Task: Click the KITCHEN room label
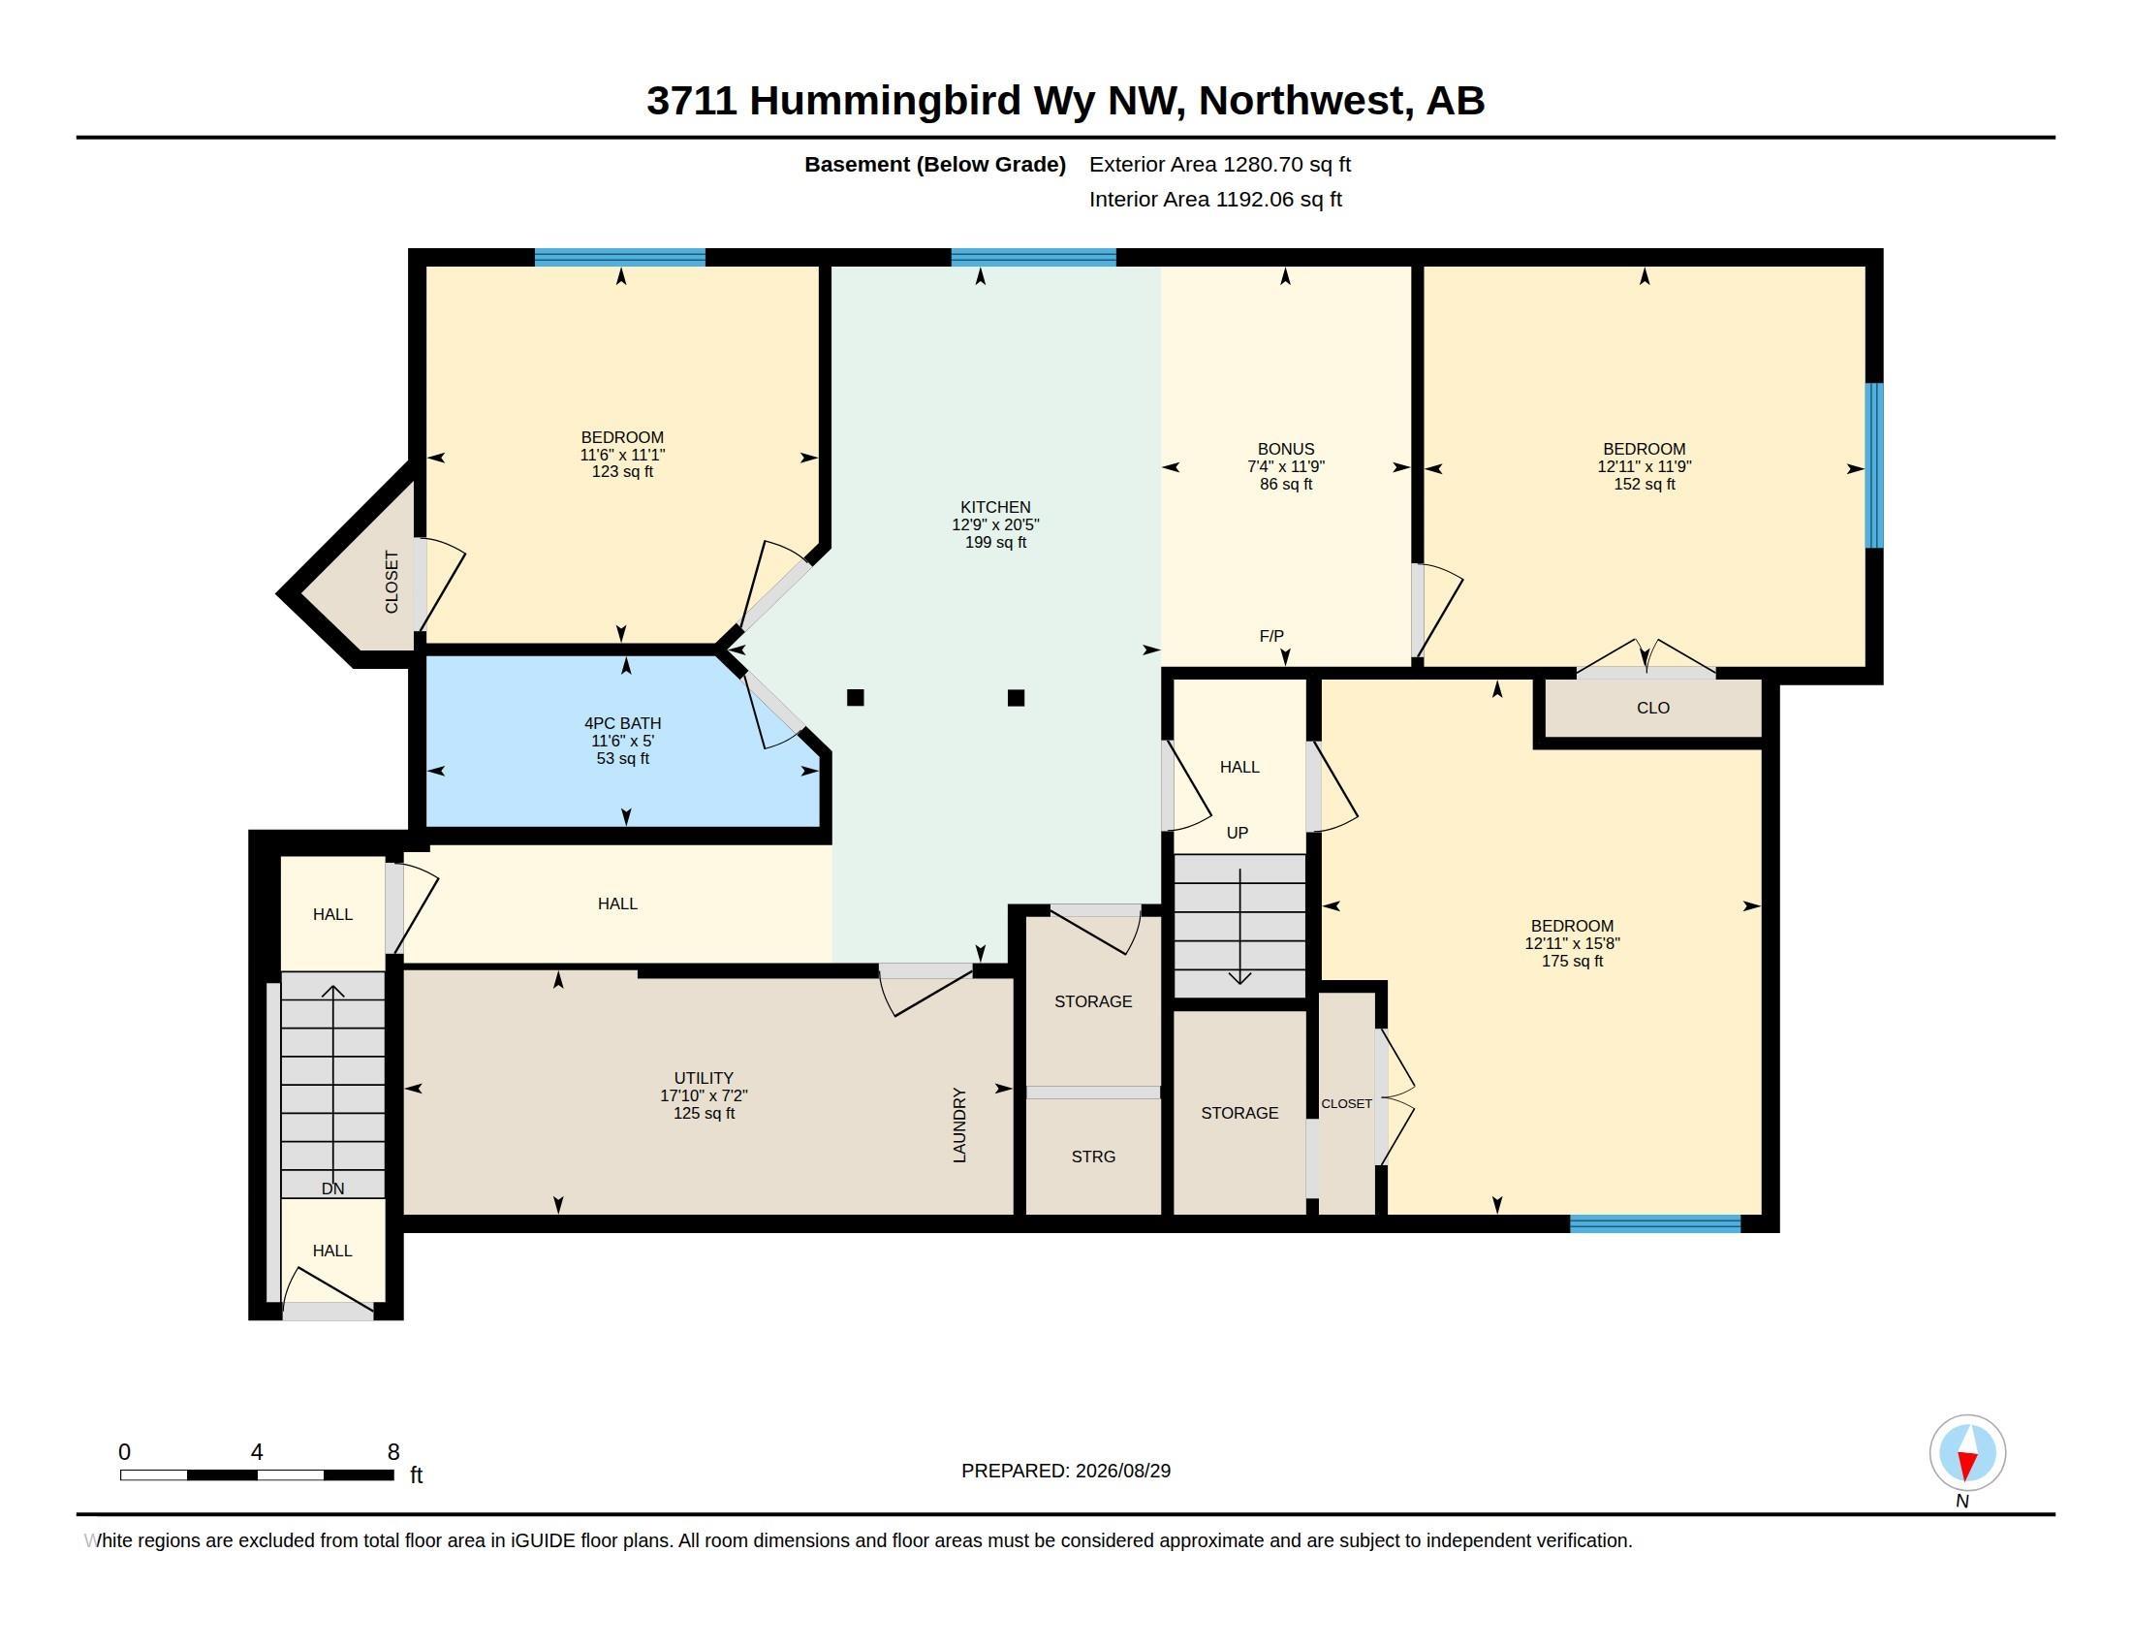[x=994, y=507]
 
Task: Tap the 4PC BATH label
[x=623, y=723]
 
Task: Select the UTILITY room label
[x=703, y=1079]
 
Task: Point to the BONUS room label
[x=1286, y=449]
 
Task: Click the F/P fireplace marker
[x=1271, y=636]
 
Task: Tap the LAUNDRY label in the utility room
[x=959, y=1125]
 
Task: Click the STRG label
[x=1093, y=1156]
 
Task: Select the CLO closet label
[x=1652, y=708]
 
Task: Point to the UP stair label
[x=1237, y=833]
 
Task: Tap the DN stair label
[x=332, y=1188]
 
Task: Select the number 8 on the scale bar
[x=393, y=1452]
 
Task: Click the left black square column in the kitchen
[x=855, y=697]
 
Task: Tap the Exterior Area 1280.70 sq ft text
[x=1219, y=164]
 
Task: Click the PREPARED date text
[x=1066, y=1471]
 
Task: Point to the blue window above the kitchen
[x=1034, y=258]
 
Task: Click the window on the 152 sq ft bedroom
[x=1874, y=465]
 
